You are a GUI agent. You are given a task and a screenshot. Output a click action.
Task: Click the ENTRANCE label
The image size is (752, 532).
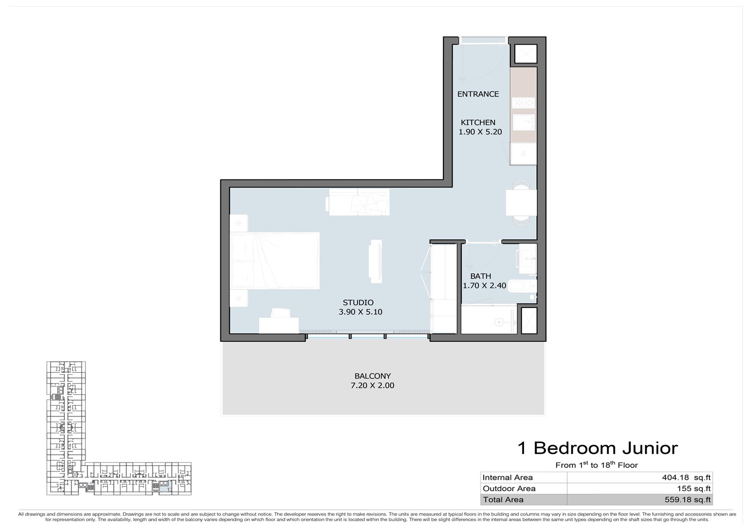point(478,94)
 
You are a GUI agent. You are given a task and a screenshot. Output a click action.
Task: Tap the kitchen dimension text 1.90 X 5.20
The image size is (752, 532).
point(480,132)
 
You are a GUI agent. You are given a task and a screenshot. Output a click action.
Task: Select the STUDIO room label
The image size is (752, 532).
point(358,303)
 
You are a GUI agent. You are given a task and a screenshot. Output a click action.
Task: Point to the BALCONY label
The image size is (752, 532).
point(373,376)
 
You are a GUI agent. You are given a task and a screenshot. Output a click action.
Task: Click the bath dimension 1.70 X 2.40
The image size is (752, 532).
point(484,285)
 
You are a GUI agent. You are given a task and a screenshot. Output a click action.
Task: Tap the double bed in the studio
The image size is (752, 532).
point(274,261)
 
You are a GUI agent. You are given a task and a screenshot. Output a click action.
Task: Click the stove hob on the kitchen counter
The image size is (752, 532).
point(523,102)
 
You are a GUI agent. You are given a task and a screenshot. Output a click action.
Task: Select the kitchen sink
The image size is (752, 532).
point(523,122)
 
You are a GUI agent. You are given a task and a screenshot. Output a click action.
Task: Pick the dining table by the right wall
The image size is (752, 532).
point(521,203)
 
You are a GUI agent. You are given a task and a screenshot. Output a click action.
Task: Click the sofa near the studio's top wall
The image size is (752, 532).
point(358,202)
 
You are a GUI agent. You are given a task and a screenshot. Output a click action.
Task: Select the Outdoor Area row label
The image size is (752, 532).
point(509,489)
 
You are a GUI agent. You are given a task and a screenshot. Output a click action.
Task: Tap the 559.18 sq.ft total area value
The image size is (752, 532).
point(687,499)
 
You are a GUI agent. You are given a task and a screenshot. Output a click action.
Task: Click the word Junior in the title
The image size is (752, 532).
point(650,448)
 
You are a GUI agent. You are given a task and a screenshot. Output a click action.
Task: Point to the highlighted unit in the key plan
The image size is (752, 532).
point(165,486)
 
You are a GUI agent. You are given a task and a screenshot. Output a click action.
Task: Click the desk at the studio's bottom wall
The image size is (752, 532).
point(279,325)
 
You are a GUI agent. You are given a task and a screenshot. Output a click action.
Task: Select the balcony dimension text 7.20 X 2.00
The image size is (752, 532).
point(372,385)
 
